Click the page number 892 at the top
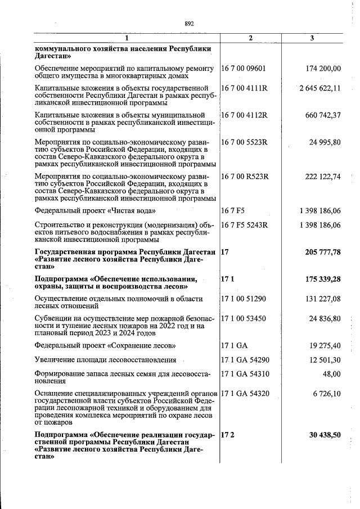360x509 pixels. coord(189,24)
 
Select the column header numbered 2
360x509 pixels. coord(250,38)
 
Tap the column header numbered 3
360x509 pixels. coord(313,38)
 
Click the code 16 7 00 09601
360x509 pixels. coord(244,69)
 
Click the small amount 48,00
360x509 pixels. coord(331,373)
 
